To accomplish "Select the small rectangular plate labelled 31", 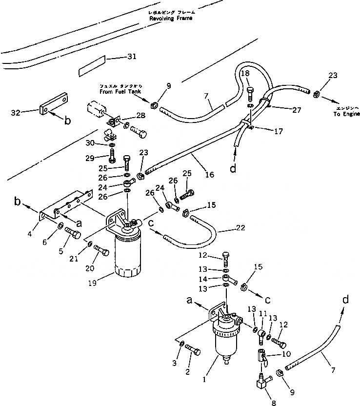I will coord(92,66).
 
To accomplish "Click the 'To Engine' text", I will coord(344,113).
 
